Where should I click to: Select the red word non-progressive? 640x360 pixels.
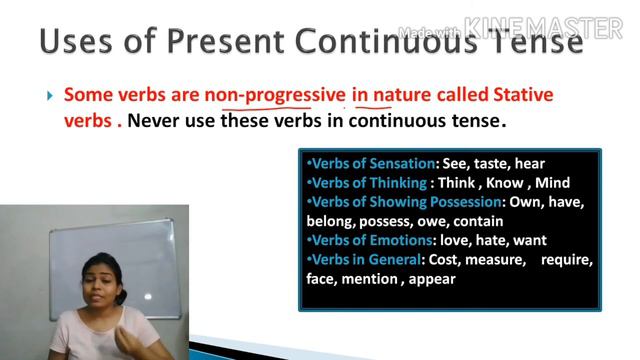click(x=275, y=96)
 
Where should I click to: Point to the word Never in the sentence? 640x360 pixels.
click(x=158, y=121)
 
